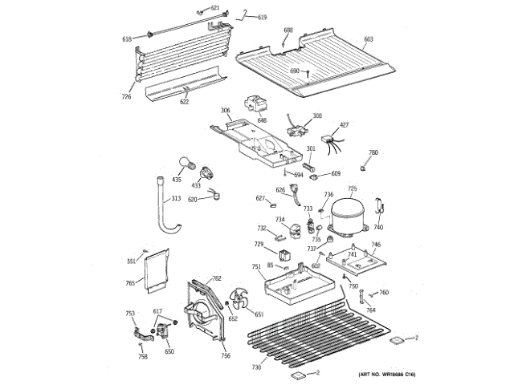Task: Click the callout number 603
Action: click(x=369, y=38)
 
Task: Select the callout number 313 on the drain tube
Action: click(x=175, y=199)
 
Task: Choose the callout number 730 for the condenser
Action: click(x=256, y=367)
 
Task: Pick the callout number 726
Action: click(x=126, y=97)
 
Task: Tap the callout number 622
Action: click(x=185, y=102)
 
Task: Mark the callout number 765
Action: click(x=130, y=282)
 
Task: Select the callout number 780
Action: click(x=373, y=152)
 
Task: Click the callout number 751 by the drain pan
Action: click(x=255, y=266)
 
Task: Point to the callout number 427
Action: click(x=345, y=124)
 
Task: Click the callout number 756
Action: click(x=226, y=355)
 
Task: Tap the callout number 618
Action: click(x=127, y=38)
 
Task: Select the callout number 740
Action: click(x=378, y=228)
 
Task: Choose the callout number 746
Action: click(x=376, y=245)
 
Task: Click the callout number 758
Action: click(x=142, y=356)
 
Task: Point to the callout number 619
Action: click(x=262, y=18)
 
